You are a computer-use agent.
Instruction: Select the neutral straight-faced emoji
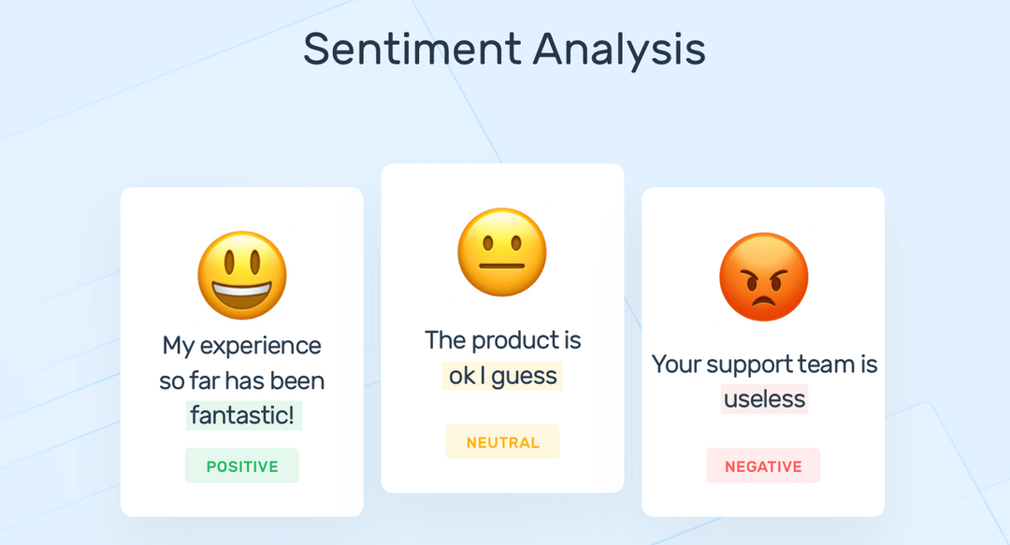[501, 253]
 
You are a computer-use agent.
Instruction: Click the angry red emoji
[763, 278]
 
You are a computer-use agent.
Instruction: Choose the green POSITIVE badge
[242, 466]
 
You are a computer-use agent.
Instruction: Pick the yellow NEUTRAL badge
[502, 442]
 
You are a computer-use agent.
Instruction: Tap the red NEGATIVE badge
[763, 466]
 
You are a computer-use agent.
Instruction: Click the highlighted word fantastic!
[243, 415]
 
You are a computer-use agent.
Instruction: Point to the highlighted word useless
[764, 399]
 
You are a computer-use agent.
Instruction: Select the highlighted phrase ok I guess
[502, 376]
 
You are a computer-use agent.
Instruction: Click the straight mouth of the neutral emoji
[501, 265]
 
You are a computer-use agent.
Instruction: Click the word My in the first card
[179, 346]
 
